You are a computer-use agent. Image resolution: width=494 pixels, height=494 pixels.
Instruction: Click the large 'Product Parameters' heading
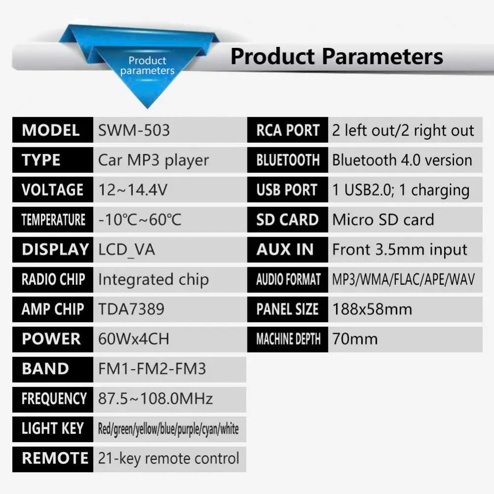(x=337, y=56)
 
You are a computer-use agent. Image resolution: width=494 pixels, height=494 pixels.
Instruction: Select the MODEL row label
(x=51, y=130)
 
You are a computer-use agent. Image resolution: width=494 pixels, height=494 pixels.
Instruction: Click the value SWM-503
(x=134, y=130)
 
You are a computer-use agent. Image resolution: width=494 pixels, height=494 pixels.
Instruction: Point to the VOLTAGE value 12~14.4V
(x=132, y=190)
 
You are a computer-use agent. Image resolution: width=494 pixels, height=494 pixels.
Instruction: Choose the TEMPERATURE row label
(x=53, y=220)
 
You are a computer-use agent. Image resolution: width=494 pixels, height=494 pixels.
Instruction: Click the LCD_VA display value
(x=126, y=250)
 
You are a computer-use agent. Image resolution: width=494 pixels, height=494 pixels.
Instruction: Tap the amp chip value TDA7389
(x=131, y=309)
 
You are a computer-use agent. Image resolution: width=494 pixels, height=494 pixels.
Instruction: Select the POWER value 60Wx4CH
(x=133, y=339)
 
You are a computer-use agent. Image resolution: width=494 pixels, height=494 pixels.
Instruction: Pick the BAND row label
(x=45, y=369)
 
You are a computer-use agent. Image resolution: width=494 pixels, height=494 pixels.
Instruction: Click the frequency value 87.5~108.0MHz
(x=155, y=399)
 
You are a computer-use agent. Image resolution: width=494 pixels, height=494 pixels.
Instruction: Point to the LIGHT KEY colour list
(x=168, y=429)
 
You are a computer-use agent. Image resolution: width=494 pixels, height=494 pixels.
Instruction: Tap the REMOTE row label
(x=55, y=458)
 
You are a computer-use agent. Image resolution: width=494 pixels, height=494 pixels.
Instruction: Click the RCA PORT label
(x=288, y=130)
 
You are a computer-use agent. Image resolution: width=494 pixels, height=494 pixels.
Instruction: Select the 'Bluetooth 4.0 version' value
(x=402, y=160)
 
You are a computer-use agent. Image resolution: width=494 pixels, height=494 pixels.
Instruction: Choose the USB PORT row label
(x=287, y=190)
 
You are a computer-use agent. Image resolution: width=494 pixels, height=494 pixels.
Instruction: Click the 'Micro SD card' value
(x=383, y=220)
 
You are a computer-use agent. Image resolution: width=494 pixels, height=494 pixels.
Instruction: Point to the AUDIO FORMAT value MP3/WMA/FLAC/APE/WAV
(x=403, y=280)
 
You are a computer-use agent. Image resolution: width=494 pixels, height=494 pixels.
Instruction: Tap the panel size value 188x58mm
(x=372, y=309)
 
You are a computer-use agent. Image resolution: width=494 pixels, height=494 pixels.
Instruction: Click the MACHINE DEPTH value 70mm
(x=355, y=339)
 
